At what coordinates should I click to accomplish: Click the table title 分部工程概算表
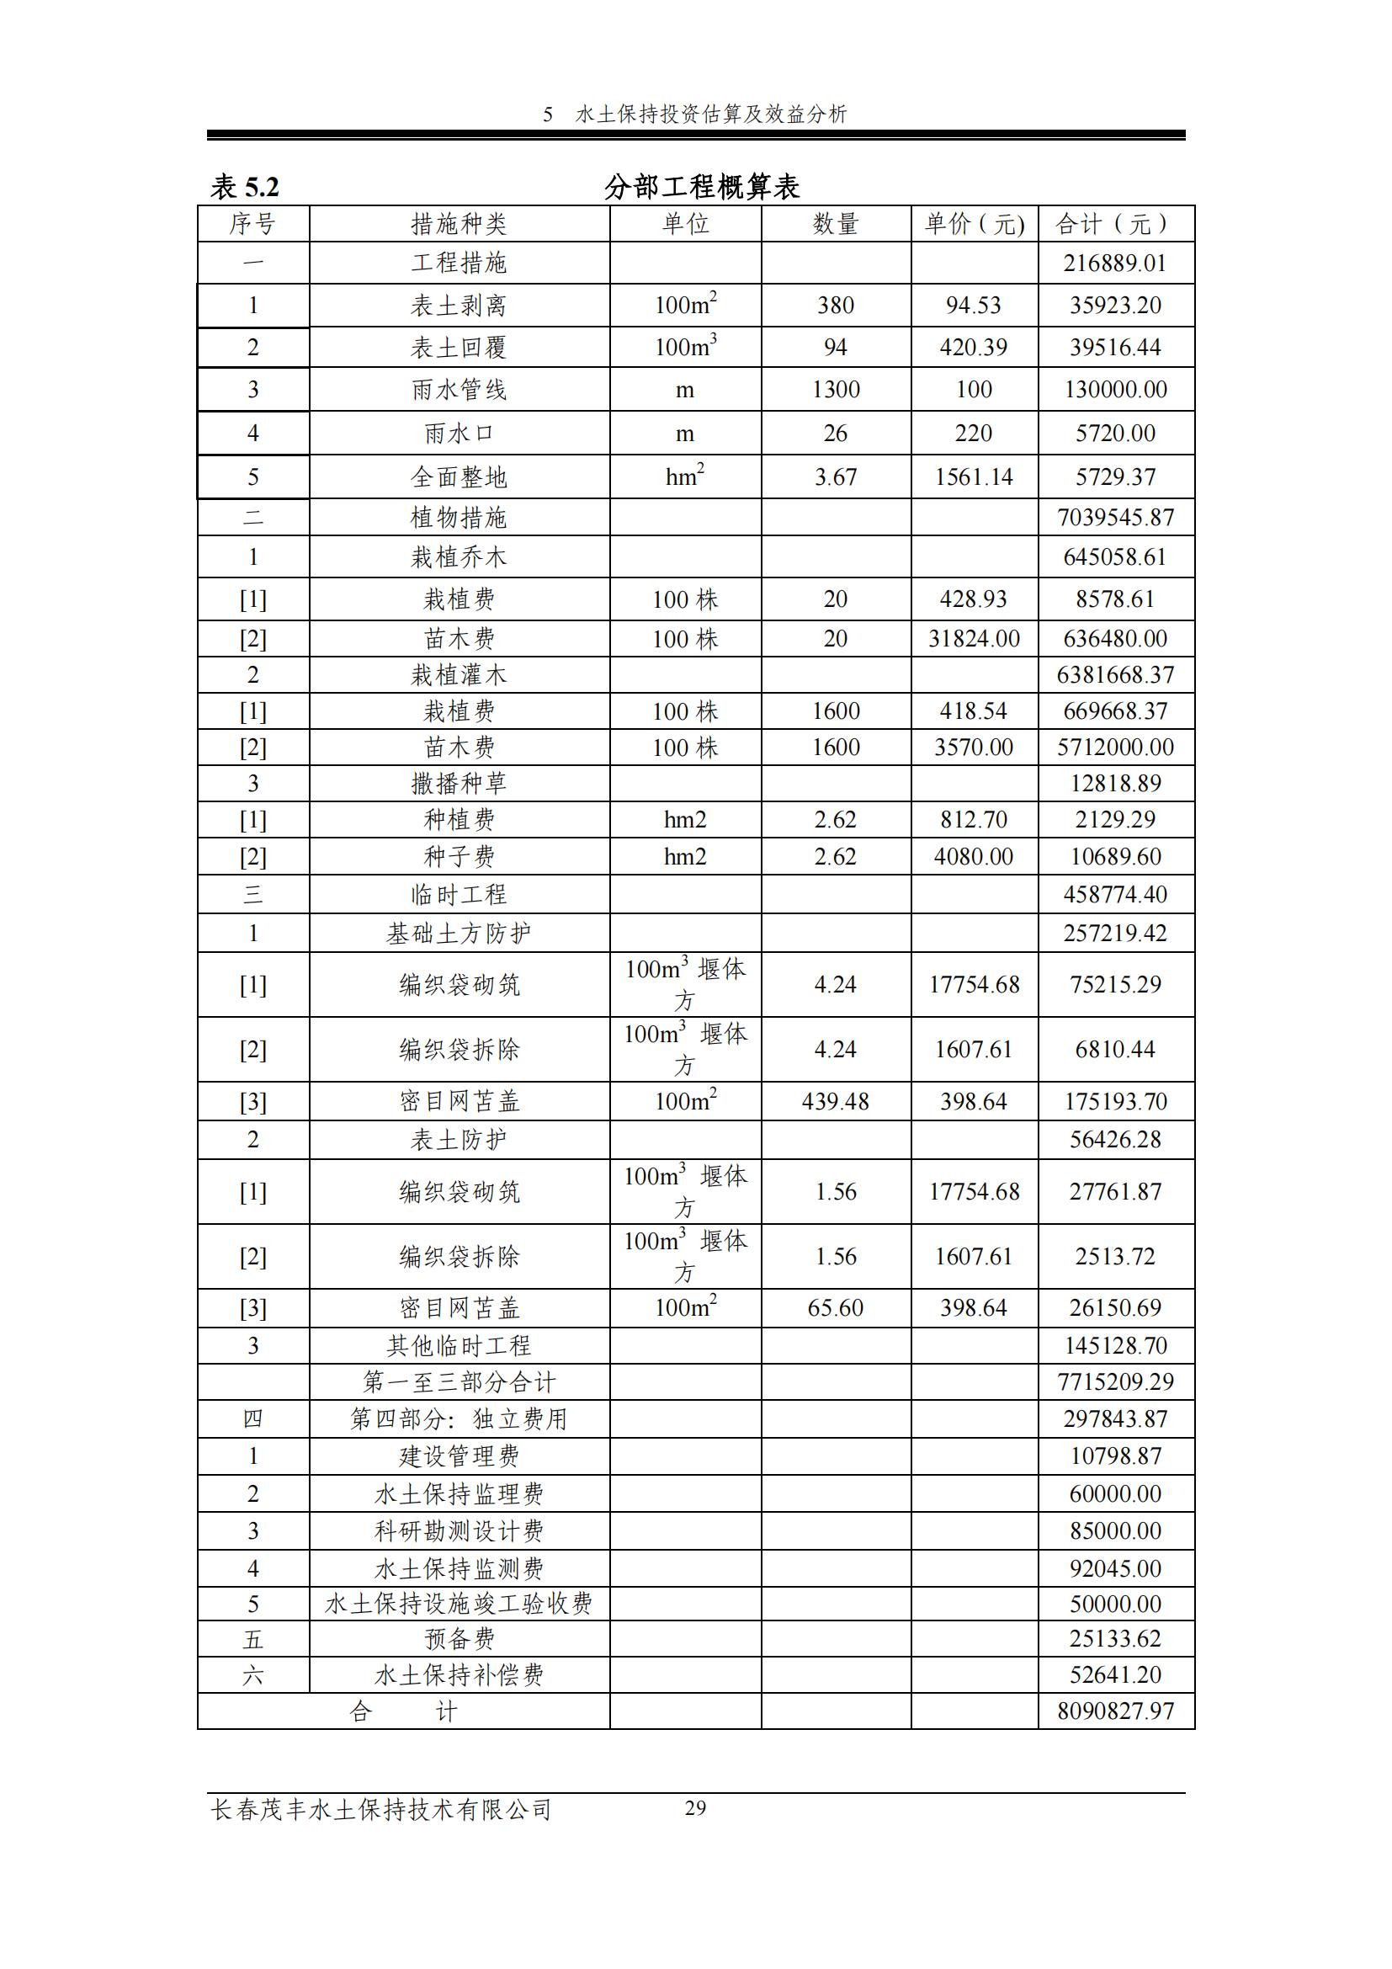click(x=701, y=186)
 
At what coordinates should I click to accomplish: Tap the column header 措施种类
click(x=459, y=224)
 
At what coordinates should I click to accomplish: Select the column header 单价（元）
click(x=974, y=224)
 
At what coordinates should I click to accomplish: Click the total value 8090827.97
click(x=1115, y=1711)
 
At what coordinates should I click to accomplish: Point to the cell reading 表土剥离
click(x=459, y=306)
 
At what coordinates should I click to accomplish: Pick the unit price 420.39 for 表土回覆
click(x=974, y=348)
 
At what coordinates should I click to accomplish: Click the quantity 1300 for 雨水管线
click(x=836, y=390)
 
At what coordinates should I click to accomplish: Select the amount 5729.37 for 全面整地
click(x=1115, y=476)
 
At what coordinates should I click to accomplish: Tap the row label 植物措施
click(x=459, y=517)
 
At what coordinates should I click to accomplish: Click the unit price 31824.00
click(x=974, y=638)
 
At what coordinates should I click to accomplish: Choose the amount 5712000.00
click(x=1115, y=747)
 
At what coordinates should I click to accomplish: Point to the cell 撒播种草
click(x=459, y=783)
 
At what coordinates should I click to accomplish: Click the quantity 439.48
click(x=836, y=1101)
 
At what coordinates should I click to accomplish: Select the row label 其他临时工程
click(x=459, y=1345)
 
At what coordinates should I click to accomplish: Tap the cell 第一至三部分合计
click(x=459, y=1381)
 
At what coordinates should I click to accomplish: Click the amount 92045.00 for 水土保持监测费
click(x=1115, y=1568)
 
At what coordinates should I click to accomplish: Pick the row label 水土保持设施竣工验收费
click(x=459, y=1604)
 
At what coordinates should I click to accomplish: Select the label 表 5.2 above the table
click(x=245, y=186)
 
